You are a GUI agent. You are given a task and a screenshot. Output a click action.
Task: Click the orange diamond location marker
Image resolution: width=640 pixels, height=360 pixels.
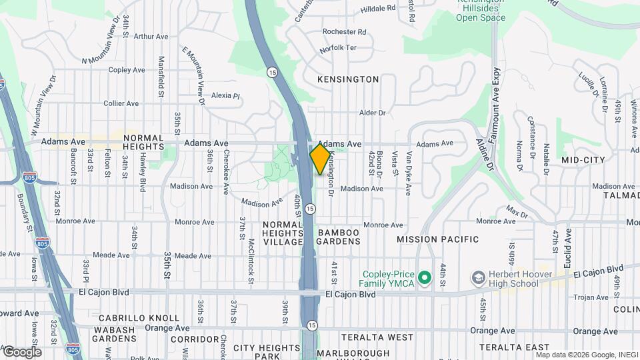coord(320,159)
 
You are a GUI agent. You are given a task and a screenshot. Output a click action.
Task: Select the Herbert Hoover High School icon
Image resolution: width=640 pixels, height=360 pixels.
coord(478,276)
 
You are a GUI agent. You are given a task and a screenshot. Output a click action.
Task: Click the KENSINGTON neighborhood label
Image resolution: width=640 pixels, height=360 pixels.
coord(348,79)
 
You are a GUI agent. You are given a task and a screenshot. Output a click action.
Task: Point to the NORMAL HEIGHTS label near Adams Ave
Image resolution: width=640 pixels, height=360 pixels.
coord(143,142)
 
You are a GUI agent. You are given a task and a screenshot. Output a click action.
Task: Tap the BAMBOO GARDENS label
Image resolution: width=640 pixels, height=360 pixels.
coord(338,237)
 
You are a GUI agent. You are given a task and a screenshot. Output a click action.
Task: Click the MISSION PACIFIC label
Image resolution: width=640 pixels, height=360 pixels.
coord(437,239)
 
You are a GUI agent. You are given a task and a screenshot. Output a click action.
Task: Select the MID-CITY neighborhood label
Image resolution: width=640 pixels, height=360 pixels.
coord(583,160)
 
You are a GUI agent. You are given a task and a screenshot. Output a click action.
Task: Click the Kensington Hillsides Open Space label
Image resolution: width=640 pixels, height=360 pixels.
coord(480,12)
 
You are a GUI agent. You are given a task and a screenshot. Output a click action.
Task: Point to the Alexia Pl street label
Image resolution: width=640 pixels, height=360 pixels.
coord(225,96)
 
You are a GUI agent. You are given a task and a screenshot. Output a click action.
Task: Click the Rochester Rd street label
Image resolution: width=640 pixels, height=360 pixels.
coord(344,32)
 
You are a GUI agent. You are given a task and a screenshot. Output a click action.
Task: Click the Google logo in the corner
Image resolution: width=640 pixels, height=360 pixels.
coord(21,352)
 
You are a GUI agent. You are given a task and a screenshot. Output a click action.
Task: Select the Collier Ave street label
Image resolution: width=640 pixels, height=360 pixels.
coord(121,103)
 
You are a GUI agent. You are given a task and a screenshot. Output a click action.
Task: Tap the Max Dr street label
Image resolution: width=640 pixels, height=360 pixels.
coord(517,213)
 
